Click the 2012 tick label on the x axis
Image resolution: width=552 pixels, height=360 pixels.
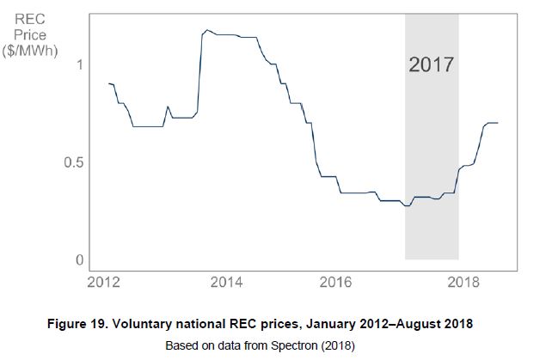tap(105, 282)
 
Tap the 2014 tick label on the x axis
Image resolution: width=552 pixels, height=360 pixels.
tap(225, 282)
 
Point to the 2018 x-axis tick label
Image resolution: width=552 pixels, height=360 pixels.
tap(466, 282)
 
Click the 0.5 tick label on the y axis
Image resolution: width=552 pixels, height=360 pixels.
tap(73, 162)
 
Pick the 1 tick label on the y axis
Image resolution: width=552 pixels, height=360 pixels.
tap(79, 64)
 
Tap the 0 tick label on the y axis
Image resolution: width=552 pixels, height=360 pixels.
tap(79, 259)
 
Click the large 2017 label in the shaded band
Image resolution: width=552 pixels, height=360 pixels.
tap(432, 64)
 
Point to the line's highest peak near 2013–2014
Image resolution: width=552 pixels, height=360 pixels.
tap(207, 31)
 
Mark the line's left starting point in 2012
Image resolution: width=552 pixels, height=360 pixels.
tap(109, 83)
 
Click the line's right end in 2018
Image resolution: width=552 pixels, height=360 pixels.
tap(498, 123)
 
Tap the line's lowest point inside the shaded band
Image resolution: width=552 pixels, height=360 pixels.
tap(408, 206)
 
